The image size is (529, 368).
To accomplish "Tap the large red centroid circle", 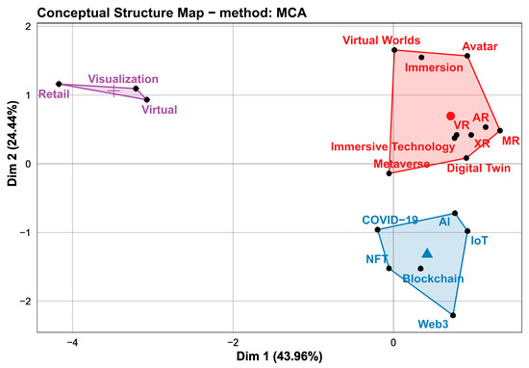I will (450, 116).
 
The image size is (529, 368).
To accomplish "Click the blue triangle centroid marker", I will (427, 253).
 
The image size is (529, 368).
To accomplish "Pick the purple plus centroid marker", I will (114, 90).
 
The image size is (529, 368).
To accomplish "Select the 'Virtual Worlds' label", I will (383, 40).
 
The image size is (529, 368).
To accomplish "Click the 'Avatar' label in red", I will (480, 45).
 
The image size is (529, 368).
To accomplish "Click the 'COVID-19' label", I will (390, 220).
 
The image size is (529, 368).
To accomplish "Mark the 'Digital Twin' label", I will (478, 167).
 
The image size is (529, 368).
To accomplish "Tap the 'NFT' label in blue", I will (377, 260).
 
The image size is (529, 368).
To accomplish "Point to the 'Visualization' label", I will (123, 78).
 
